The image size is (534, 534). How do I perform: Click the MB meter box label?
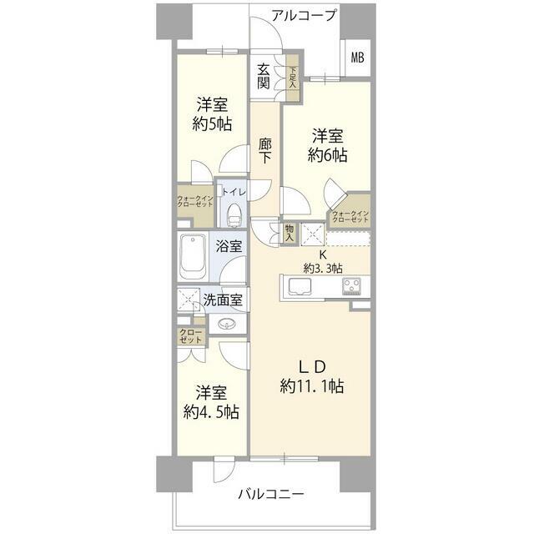point(357,58)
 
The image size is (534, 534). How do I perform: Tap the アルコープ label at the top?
point(304,15)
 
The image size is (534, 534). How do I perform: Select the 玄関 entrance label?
point(264,76)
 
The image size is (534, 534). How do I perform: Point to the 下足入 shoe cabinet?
point(292,78)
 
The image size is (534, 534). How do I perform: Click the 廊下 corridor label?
point(264,150)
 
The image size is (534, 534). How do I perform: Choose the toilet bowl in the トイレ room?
point(234,214)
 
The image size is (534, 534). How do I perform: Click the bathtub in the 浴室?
point(193,256)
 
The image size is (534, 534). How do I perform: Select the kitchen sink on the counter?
point(300,287)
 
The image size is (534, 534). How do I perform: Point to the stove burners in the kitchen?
point(351,286)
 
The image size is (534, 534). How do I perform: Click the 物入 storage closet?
point(290,234)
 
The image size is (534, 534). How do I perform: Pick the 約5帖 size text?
point(212,123)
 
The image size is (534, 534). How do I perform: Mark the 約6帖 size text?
point(327,155)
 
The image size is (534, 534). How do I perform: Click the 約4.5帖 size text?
point(211,411)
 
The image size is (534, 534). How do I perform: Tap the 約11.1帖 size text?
point(311,386)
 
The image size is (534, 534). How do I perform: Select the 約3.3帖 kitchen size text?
point(323,269)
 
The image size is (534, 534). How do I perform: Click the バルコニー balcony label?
point(270,494)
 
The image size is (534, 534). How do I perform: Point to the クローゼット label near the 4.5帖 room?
point(191,335)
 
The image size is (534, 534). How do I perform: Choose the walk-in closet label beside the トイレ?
point(194,201)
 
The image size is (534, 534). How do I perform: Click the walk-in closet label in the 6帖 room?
point(350,217)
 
